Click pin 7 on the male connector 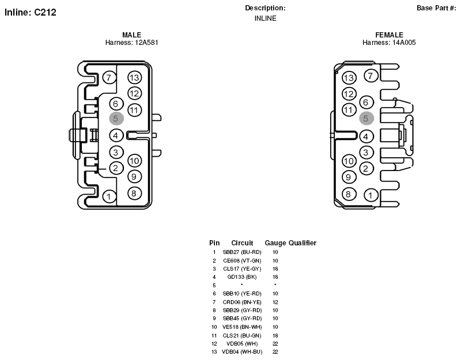pyautogui.click(x=109, y=78)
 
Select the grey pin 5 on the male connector pyautogui.click(x=116, y=119)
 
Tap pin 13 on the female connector pyautogui.click(x=349, y=78)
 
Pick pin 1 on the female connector pyautogui.click(x=371, y=195)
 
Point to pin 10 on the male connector pyautogui.click(x=135, y=161)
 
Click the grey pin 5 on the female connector pyautogui.click(x=366, y=119)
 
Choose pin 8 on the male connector pyautogui.click(x=134, y=194)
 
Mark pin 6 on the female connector pyautogui.click(x=366, y=103)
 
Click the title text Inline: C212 pyautogui.click(x=31, y=12)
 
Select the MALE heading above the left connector pyautogui.click(x=132, y=35)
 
